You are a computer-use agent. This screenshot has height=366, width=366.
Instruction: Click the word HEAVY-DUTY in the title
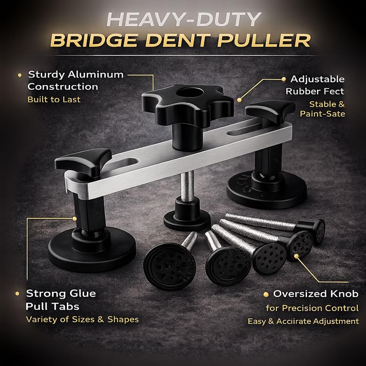coord(184,20)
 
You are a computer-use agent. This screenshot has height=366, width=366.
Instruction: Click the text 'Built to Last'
coord(54,99)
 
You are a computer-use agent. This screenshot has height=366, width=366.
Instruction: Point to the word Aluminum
coord(96,75)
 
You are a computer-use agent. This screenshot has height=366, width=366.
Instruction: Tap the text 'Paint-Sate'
coord(323,113)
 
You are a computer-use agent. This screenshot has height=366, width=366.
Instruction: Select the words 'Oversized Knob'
coord(316,294)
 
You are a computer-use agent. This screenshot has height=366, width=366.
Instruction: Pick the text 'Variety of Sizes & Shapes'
coord(82,319)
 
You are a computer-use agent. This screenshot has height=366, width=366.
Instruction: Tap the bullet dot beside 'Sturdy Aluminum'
coord(20,75)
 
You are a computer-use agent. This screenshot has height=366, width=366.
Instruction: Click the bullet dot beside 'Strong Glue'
coord(17,294)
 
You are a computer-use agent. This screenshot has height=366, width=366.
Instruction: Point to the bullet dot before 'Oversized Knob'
coord(266,294)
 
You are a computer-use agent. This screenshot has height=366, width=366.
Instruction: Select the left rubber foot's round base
coord(92,250)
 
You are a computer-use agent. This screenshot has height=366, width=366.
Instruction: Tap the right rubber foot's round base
coord(267,189)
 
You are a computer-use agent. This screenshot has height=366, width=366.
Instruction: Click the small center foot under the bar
coord(187,215)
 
